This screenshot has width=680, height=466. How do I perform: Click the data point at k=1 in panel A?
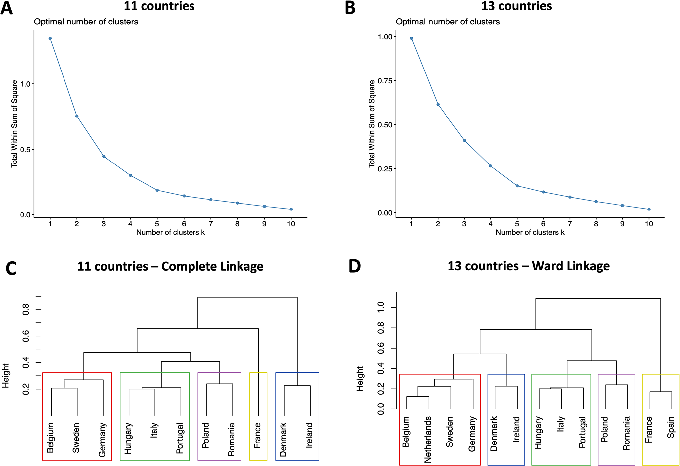tap(50, 38)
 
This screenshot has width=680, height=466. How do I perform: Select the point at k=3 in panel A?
tap(104, 156)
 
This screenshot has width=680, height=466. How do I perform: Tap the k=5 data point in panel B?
tap(517, 186)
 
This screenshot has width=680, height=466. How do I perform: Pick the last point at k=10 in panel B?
tap(649, 209)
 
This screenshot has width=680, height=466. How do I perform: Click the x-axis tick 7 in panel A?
tap(211, 224)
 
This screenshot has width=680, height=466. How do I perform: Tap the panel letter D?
tap(354, 267)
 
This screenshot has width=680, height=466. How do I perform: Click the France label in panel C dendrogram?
tap(257, 436)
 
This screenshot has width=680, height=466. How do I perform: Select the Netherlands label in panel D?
tap(428, 440)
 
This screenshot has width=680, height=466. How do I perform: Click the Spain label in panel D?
tap(671, 427)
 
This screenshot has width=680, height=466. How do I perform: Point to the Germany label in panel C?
tap(102, 440)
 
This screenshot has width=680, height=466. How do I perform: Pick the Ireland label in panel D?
tap(516, 430)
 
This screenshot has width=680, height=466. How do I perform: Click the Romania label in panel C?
tap(231, 439)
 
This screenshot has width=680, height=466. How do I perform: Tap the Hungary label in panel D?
tap(538, 433)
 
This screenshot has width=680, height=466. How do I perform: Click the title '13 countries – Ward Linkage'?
tap(528, 266)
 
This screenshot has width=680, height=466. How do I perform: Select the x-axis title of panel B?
tap(530, 232)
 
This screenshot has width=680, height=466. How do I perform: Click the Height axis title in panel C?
tap(6, 376)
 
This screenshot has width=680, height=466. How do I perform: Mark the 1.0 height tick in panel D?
tap(381, 307)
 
